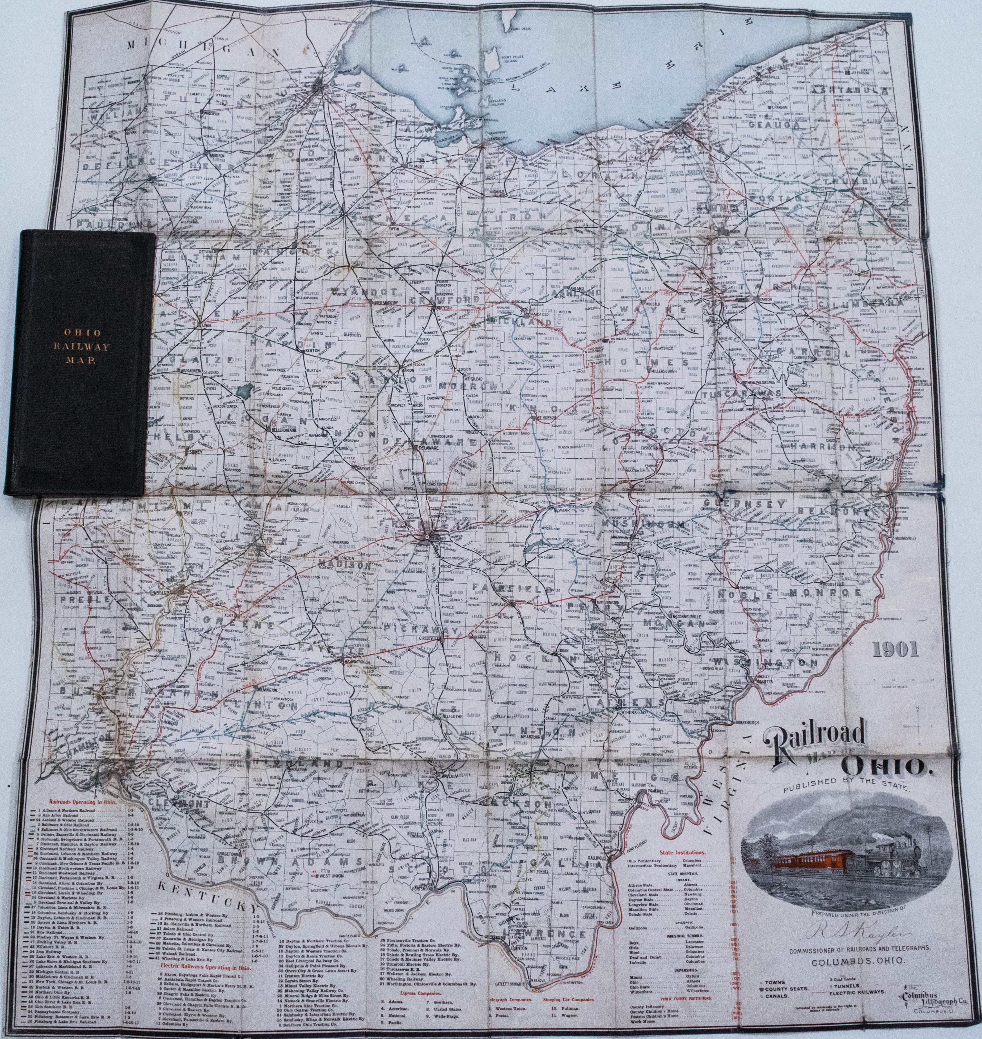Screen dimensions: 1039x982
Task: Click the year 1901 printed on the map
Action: tap(895, 649)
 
